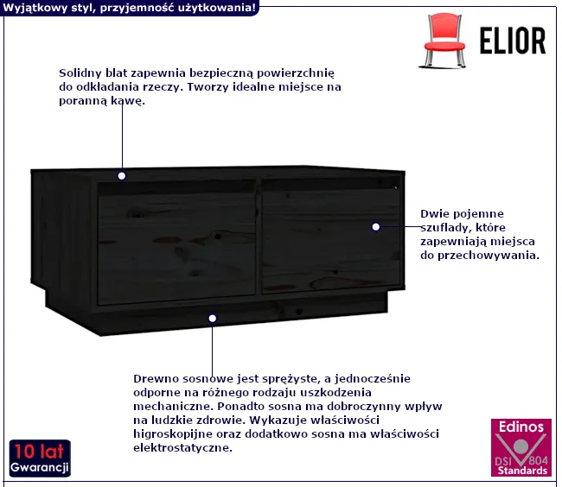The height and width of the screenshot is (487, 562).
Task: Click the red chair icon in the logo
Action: click(x=444, y=40)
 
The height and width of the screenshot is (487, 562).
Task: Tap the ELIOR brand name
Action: click(x=513, y=41)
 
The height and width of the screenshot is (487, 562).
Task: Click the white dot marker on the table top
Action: click(x=122, y=176)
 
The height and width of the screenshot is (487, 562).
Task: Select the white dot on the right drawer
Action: click(x=375, y=227)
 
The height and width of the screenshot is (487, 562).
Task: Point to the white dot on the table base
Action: click(x=212, y=318)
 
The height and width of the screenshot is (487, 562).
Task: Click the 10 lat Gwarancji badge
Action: click(x=40, y=459)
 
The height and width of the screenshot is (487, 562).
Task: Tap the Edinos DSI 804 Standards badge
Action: click(x=521, y=447)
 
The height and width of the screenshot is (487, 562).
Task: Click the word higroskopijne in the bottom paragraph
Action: click(x=173, y=434)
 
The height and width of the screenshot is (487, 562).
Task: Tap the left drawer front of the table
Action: click(x=176, y=248)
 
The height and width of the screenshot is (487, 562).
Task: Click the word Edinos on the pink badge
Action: click(x=521, y=427)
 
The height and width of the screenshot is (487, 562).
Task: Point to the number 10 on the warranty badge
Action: click(x=24, y=451)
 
